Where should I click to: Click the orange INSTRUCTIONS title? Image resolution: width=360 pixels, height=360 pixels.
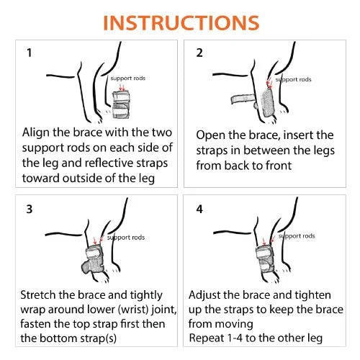181,23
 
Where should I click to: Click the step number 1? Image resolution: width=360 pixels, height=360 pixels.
30,53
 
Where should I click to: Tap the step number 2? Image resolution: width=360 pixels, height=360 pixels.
199,53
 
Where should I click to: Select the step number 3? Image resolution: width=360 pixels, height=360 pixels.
30,209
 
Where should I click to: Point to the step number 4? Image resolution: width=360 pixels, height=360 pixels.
199,209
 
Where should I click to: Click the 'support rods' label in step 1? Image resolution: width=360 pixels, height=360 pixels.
128,78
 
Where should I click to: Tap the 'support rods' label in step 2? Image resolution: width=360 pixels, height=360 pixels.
293,80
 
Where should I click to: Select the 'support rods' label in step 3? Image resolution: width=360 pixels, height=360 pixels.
126,238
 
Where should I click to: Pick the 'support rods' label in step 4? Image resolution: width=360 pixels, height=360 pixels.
297,236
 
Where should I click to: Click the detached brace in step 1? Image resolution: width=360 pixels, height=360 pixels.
121,104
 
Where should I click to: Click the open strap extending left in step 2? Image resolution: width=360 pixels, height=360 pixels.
243,99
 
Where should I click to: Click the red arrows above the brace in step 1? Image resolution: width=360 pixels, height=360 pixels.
122,86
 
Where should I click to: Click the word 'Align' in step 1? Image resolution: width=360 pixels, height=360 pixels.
37,132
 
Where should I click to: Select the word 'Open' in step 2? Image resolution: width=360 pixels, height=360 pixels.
210,135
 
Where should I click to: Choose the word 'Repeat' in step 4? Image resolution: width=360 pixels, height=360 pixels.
207,338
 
